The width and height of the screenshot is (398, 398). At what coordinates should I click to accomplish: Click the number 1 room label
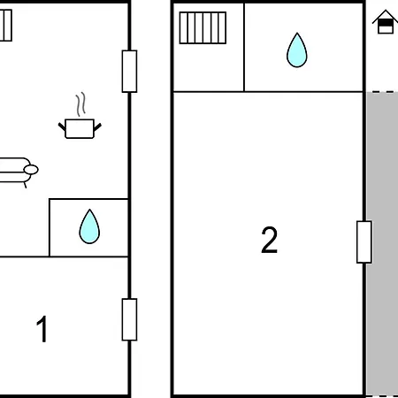tap(42, 329)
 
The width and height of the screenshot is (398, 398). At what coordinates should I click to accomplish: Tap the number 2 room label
tap(270, 240)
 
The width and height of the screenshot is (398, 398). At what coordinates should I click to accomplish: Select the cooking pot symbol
tap(80, 128)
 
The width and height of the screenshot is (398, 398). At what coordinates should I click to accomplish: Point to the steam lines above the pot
tap(80, 104)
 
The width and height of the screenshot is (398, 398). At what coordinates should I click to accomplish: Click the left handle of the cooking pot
tap(62, 126)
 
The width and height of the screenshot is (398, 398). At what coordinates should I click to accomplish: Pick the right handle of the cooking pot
tap(97, 126)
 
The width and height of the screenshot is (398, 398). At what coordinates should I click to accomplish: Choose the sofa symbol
tap(19, 172)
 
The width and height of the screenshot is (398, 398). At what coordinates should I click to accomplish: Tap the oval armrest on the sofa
tap(31, 170)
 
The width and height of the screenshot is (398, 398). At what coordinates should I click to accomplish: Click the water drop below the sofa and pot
tap(89, 226)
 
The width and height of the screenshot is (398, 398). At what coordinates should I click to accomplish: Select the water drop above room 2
tap(297, 50)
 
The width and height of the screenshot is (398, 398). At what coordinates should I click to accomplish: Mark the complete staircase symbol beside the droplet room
tap(203, 27)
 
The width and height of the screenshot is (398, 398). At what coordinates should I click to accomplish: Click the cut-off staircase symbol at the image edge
tap(5, 26)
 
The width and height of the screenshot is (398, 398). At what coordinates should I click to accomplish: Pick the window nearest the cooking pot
tap(129, 72)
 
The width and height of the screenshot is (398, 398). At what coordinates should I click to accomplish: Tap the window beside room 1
tap(129, 319)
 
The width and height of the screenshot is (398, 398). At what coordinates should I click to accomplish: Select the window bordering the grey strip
tap(364, 241)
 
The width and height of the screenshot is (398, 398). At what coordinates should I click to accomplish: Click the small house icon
tap(386, 22)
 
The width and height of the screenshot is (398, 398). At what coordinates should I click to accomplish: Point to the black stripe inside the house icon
tap(386, 23)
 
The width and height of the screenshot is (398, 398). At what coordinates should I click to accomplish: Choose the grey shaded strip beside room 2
tap(382, 244)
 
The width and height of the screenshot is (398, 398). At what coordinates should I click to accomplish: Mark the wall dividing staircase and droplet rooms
tap(244, 47)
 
